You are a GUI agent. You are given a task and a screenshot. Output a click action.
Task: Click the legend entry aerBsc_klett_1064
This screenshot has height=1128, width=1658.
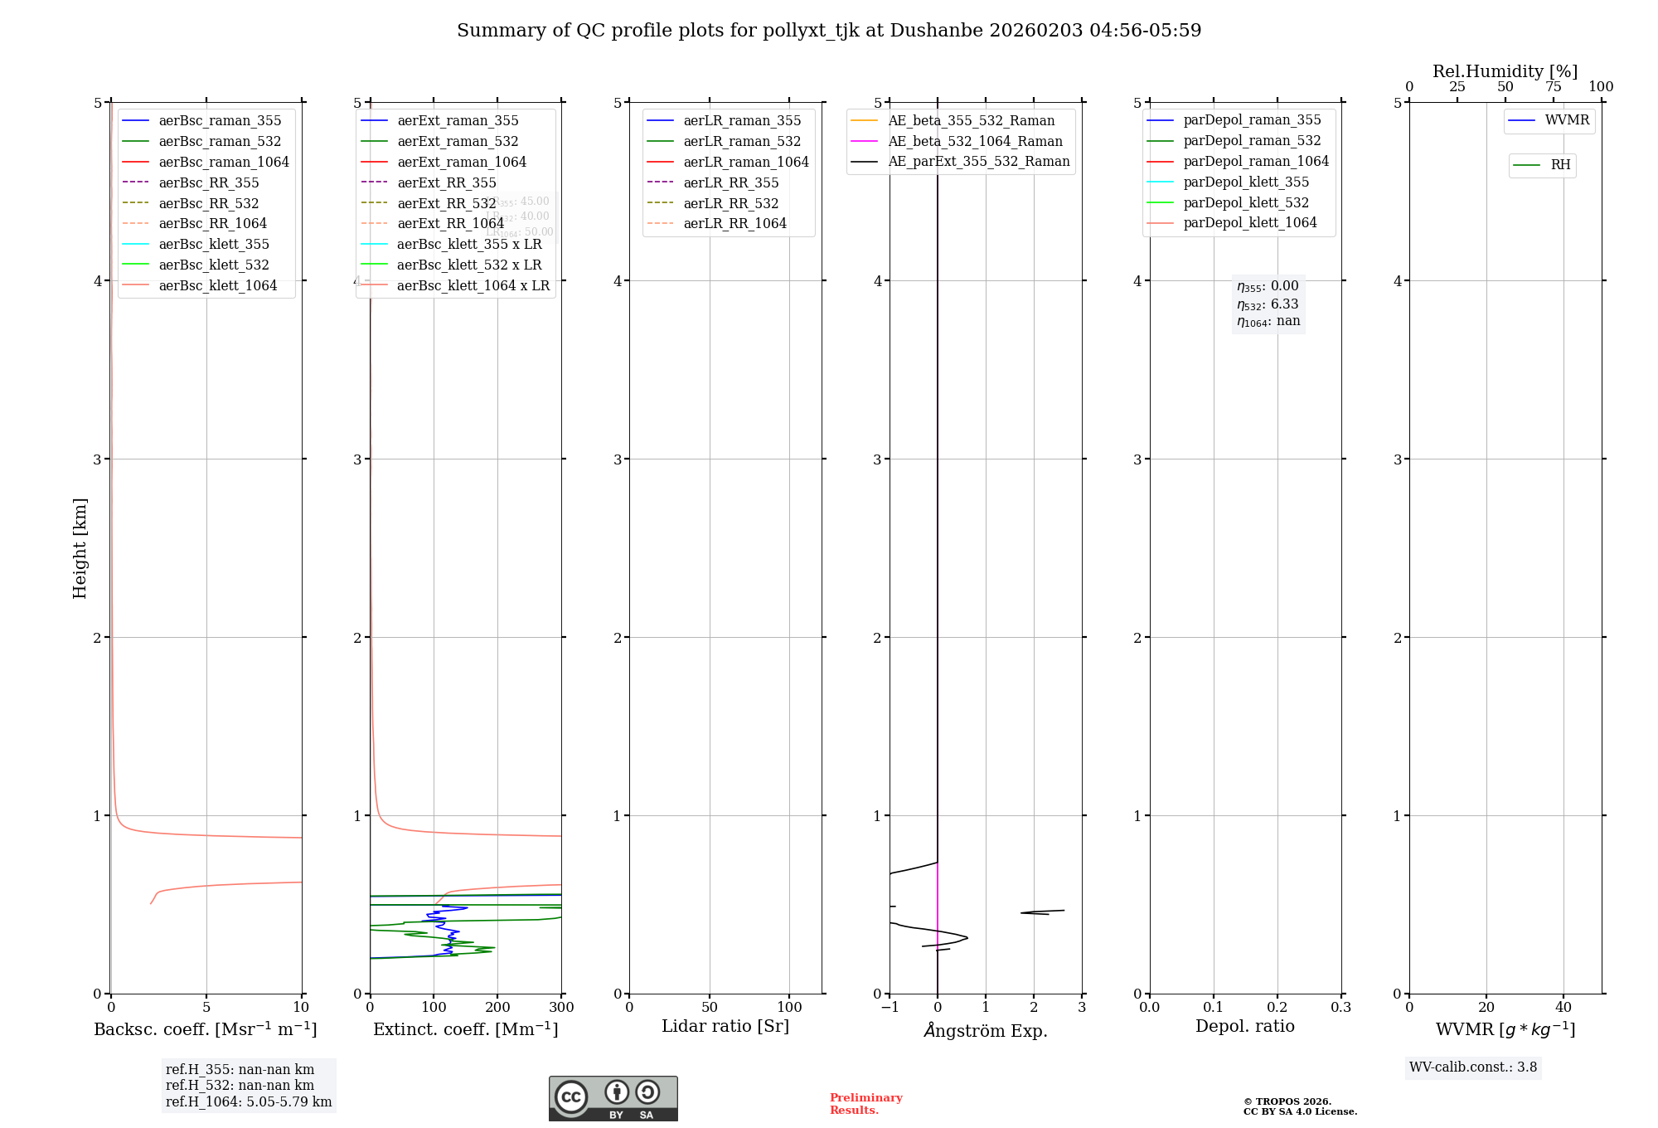click(217, 285)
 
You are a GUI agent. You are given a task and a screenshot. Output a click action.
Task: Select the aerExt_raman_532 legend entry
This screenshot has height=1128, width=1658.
click(458, 141)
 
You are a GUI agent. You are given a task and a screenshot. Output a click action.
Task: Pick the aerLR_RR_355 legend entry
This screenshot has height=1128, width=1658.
click(730, 182)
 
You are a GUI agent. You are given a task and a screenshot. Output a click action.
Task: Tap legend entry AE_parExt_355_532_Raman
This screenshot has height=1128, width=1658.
click(978, 161)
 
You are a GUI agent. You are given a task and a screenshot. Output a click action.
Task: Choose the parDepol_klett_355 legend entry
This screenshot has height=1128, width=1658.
click(1246, 182)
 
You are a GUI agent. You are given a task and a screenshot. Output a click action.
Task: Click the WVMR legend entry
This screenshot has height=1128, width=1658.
click(1567, 120)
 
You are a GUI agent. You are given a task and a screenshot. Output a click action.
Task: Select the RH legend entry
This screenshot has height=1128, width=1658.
click(1560, 165)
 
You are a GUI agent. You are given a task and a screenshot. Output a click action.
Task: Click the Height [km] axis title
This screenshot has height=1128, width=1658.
click(80, 548)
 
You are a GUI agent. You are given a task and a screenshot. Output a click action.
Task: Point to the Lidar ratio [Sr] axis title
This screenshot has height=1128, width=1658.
click(725, 1026)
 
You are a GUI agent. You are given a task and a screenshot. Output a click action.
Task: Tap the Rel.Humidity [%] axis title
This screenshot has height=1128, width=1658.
click(1505, 71)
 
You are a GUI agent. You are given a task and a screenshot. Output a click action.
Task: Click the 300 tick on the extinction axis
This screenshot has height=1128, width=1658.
click(561, 1007)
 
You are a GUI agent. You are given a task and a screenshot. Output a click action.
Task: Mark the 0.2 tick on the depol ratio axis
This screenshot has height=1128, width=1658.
click(1277, 1007)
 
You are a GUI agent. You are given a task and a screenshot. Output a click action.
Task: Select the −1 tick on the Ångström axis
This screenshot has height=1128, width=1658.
click(890, 1007)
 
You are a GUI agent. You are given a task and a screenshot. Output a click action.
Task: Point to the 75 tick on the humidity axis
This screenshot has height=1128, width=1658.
click(1553, 87)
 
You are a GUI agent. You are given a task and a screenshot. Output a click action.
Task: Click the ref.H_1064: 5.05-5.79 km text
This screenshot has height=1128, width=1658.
click(249, 1102)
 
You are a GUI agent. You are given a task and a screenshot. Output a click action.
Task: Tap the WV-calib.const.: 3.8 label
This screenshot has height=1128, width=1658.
click(1473, 1067)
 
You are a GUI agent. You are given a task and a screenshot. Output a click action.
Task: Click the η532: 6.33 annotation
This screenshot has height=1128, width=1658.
click(1268, 304)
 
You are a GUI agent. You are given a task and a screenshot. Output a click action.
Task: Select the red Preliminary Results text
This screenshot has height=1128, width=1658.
click(865, 1104)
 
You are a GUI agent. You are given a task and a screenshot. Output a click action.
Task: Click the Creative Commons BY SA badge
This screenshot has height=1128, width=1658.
click(613, 1099)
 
